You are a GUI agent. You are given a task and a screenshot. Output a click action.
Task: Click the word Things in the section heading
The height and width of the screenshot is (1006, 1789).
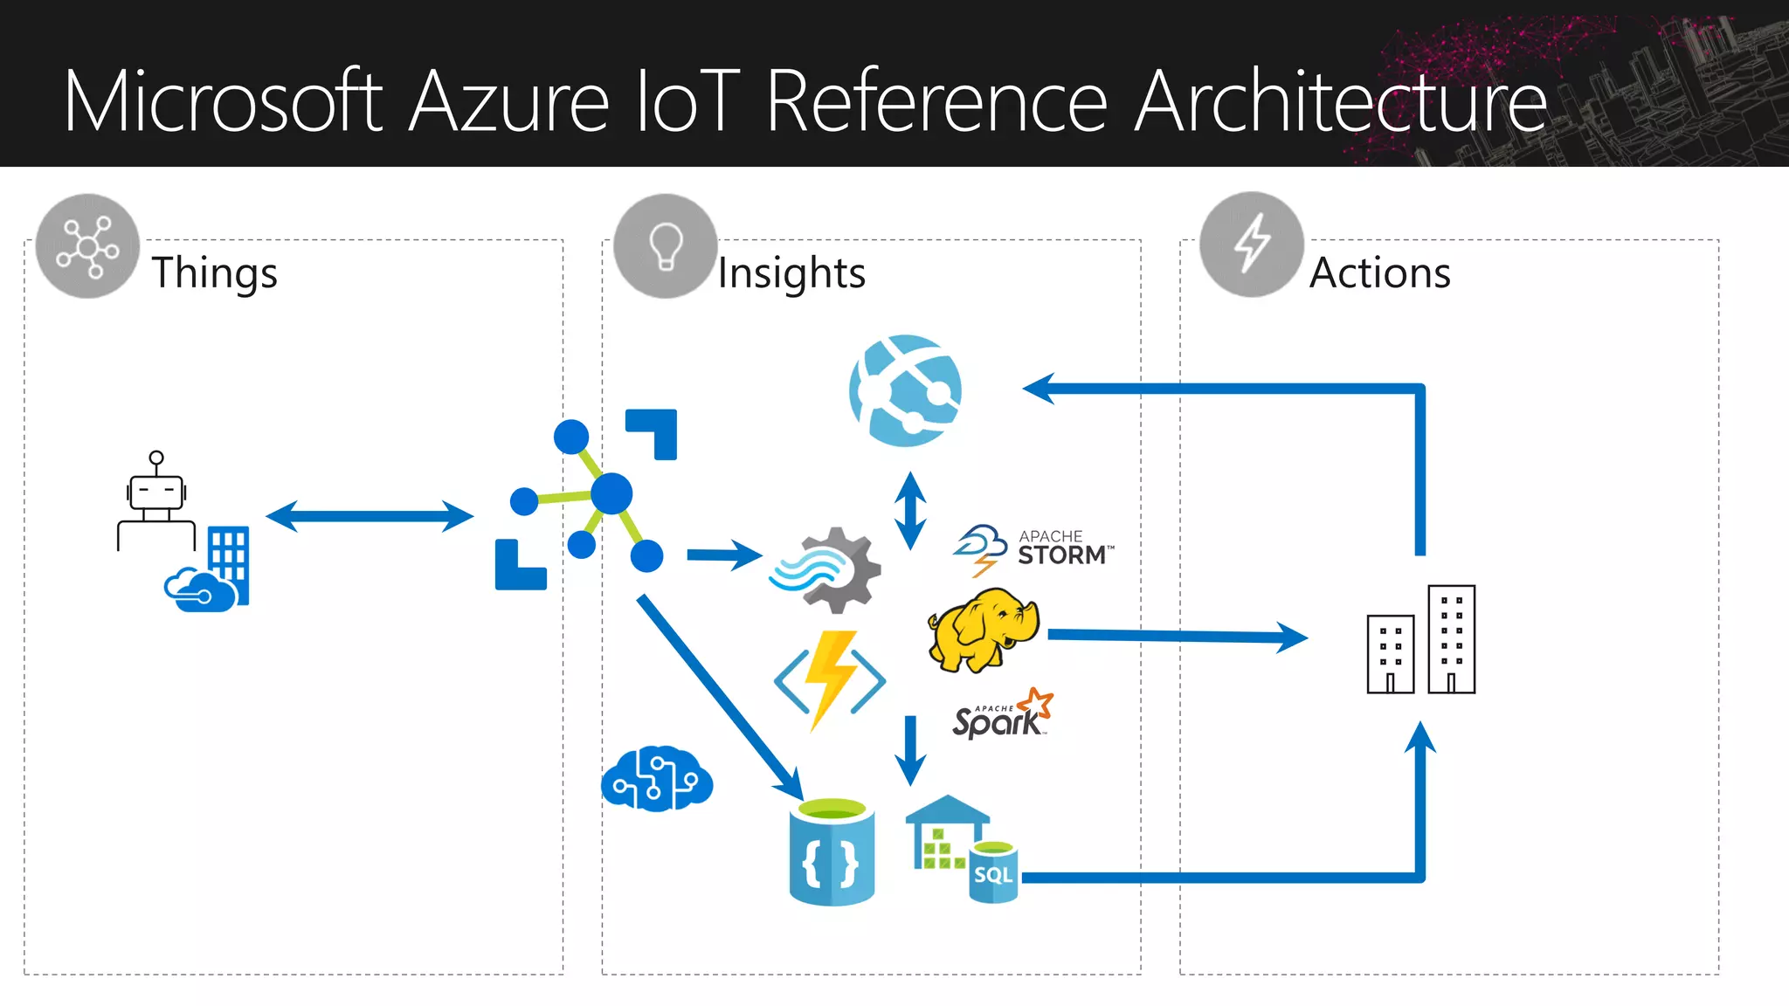pyautogui.click(x=214, y=272)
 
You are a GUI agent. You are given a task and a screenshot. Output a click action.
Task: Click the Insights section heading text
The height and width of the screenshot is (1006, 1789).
pyautogui.click(x=791, y=272)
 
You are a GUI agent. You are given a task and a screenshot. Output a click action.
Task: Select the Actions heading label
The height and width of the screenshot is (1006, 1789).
pyautogui.click(x=1379, y=272)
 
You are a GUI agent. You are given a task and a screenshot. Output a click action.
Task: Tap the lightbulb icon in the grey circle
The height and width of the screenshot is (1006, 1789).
pyautogui.click(x=666, y=246)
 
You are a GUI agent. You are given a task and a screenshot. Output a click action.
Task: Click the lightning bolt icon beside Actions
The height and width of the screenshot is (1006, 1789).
pyautogui.click(x=1251, y=244)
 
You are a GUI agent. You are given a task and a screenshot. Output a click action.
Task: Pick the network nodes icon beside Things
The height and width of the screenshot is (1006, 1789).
pyautogui.click(x=87, y=246)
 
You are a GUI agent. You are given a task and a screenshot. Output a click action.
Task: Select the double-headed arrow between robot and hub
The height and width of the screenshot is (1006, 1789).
pyautogui.click(x=370, y=516)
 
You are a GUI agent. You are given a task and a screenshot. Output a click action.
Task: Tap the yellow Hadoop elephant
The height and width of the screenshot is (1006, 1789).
pyautogui.click(x=983, y=630)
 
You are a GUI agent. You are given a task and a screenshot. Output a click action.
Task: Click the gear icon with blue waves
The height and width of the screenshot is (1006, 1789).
pyautogui.click(x=825, y=570)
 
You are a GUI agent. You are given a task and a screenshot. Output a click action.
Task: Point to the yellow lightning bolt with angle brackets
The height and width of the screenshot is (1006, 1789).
pyautogui.click(x=830, y=680)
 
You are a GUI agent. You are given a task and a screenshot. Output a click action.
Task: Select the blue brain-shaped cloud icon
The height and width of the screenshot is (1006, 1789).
pyautogui.click(x=657, y=779)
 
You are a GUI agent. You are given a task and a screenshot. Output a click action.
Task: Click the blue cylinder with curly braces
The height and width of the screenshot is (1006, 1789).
pyautogui.click(x=831, y=852)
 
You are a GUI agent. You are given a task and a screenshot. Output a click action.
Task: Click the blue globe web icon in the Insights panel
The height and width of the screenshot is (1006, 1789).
pyautogui.click(x=905, y=390)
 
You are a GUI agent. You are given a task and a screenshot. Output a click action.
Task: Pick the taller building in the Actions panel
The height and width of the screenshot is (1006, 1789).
pyautogui.click(x=1451, y=639)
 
